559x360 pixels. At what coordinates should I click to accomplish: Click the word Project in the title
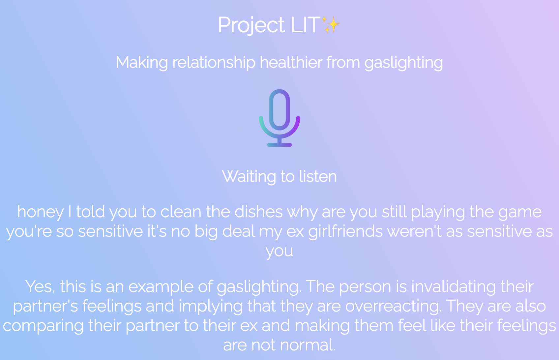[x=251, y=25]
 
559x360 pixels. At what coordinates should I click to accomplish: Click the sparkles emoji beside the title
[x=330, y=24]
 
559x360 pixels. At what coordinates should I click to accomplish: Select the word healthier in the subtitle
[x=291, y=62]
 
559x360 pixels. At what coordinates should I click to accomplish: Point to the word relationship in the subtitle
[x=214, y=62]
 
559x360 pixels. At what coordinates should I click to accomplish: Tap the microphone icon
[x=279, y=118]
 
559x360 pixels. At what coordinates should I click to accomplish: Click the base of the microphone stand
[x=279, y=145]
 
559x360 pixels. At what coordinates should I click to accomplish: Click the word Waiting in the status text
[x=249, y=177]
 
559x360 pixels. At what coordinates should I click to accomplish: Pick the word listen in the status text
[x=318, y=176]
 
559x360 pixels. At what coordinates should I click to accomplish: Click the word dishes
[x=258, y=212]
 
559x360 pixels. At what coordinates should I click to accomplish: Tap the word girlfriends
[x=345, y=231]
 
